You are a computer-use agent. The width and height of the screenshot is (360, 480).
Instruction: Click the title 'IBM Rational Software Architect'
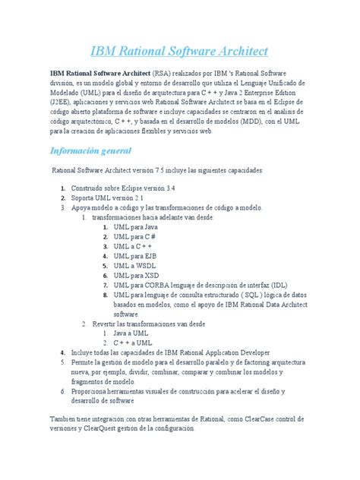tap(179, 52)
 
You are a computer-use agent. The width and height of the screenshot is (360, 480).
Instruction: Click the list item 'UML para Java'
tap(136, 226)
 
